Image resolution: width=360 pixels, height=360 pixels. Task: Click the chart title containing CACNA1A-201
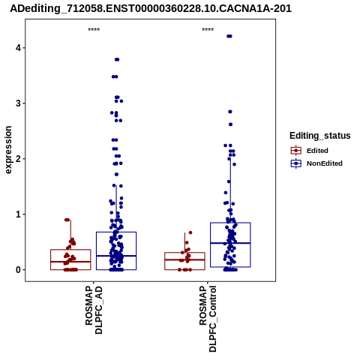click(x=151, y=8)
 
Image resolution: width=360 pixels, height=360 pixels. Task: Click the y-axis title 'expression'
click(x=8, y=150)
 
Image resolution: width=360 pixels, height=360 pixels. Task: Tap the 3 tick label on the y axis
click(x=18, y=103)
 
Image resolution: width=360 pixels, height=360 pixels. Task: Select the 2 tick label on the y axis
click(x=18, y=159)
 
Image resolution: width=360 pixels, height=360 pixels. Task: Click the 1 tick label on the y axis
click(x=18, y=214)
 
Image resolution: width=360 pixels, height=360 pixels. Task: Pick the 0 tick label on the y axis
click(x=18, y=270)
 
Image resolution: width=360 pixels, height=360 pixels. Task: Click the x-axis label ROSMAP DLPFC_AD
click(x=94, y=310)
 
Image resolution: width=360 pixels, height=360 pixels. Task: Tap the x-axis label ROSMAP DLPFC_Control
click(x=208, y=319)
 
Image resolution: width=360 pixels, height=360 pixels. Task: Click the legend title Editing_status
click(x=320, y=136)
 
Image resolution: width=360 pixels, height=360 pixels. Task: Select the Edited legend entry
click(x=309, y=151)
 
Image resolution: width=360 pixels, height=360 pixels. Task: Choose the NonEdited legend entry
click(x=316, y=163)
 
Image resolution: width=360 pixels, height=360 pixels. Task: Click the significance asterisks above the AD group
click(x=94, y=30)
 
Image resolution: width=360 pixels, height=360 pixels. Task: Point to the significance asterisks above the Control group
click(x=208, y=30)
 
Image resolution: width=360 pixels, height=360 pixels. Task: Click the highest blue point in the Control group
click(x=229, y=36)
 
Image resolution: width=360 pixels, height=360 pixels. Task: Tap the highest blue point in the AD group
click(x=117, y=59)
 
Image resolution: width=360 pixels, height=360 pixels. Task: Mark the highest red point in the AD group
click(x=67, y=220)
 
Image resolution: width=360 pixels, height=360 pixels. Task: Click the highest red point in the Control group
click(x=190, y=232)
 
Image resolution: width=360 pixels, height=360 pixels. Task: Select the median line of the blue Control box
click(x=230, y=243)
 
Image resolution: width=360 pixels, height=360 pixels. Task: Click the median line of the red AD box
click(x=70, y=262)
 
